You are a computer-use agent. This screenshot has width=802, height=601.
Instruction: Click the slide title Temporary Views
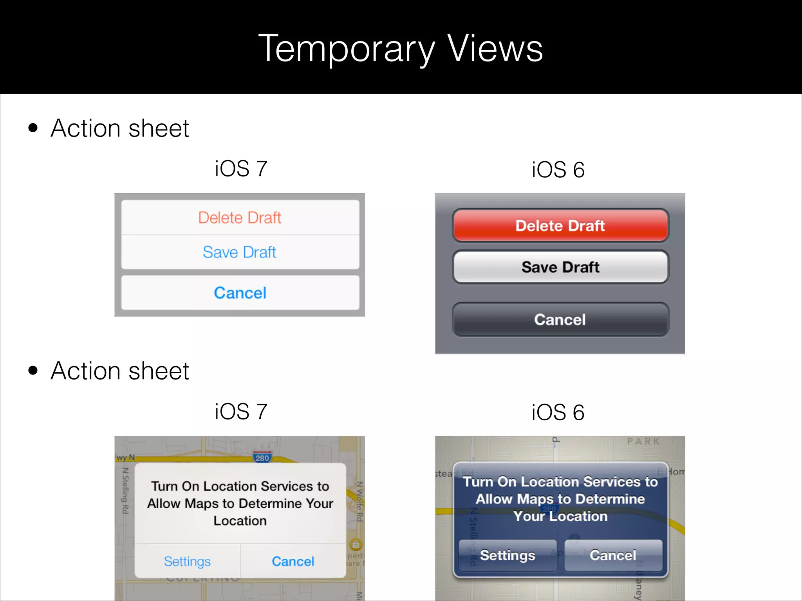tap(401, 49)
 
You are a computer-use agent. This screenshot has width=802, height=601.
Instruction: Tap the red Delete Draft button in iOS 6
tap(560, 226)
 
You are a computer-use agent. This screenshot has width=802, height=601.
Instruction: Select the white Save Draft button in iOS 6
tap(560, 267)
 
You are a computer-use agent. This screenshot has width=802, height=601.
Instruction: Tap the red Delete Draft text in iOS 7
tap(240, 218)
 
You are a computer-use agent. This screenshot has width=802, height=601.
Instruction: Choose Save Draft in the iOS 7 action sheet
tap(240, 252)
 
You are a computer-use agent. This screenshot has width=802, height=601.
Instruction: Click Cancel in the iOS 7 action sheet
tap(240, 293)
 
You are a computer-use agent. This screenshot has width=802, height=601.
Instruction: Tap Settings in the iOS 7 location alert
tap(187, 561)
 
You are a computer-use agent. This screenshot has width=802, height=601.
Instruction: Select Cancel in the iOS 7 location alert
tap(293, 561)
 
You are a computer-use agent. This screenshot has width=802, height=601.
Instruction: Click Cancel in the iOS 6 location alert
tap(613, 555)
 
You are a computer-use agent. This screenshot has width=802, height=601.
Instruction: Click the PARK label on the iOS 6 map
tap(643, 441)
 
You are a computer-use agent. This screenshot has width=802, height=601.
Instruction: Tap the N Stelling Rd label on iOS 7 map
tap(125, 491)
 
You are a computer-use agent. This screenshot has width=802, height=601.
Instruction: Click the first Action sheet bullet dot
tap(33, 128)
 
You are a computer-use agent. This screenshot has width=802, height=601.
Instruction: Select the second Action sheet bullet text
tap(120, 371)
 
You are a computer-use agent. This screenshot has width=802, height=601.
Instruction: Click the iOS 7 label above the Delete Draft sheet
tap(241, 169)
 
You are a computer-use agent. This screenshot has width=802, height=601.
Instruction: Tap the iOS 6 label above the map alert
tap(558, 412)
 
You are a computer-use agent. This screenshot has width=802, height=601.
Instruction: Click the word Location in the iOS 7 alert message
tap(240, 521)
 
